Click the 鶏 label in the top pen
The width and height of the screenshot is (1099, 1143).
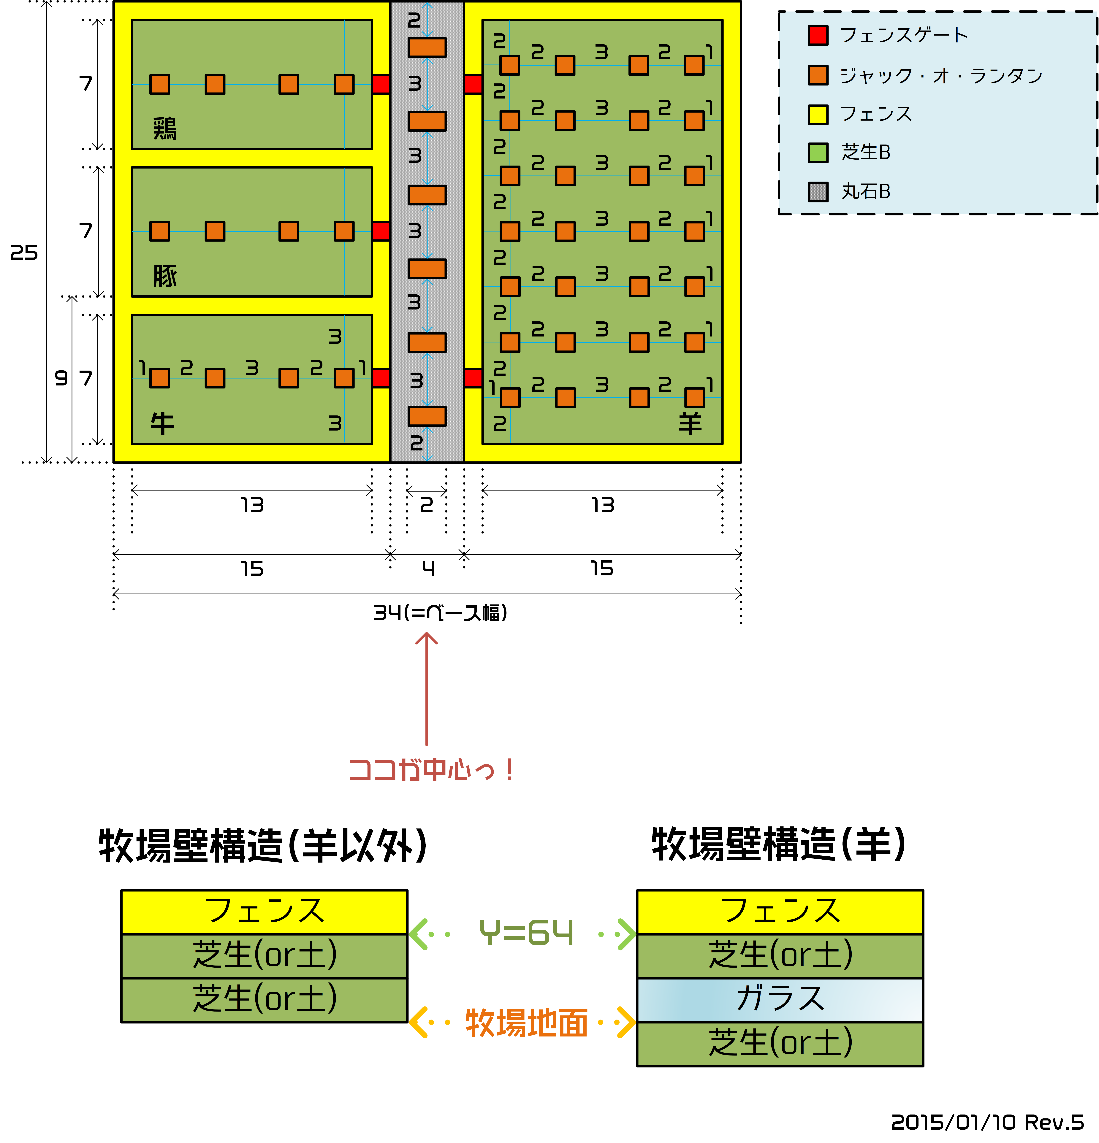click(164, 128)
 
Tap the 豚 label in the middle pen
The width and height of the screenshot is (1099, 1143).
click(164, 276)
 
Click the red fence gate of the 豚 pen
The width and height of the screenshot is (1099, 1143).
click(381, 231)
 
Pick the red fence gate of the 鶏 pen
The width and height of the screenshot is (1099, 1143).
click(381, 84)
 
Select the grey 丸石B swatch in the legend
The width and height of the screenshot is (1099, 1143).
click(818, 191)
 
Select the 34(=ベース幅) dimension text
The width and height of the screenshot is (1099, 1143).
click(440, 612)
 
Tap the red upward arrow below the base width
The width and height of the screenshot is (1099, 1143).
click(426, 689)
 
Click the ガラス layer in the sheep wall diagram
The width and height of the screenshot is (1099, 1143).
click(780, 1000)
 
